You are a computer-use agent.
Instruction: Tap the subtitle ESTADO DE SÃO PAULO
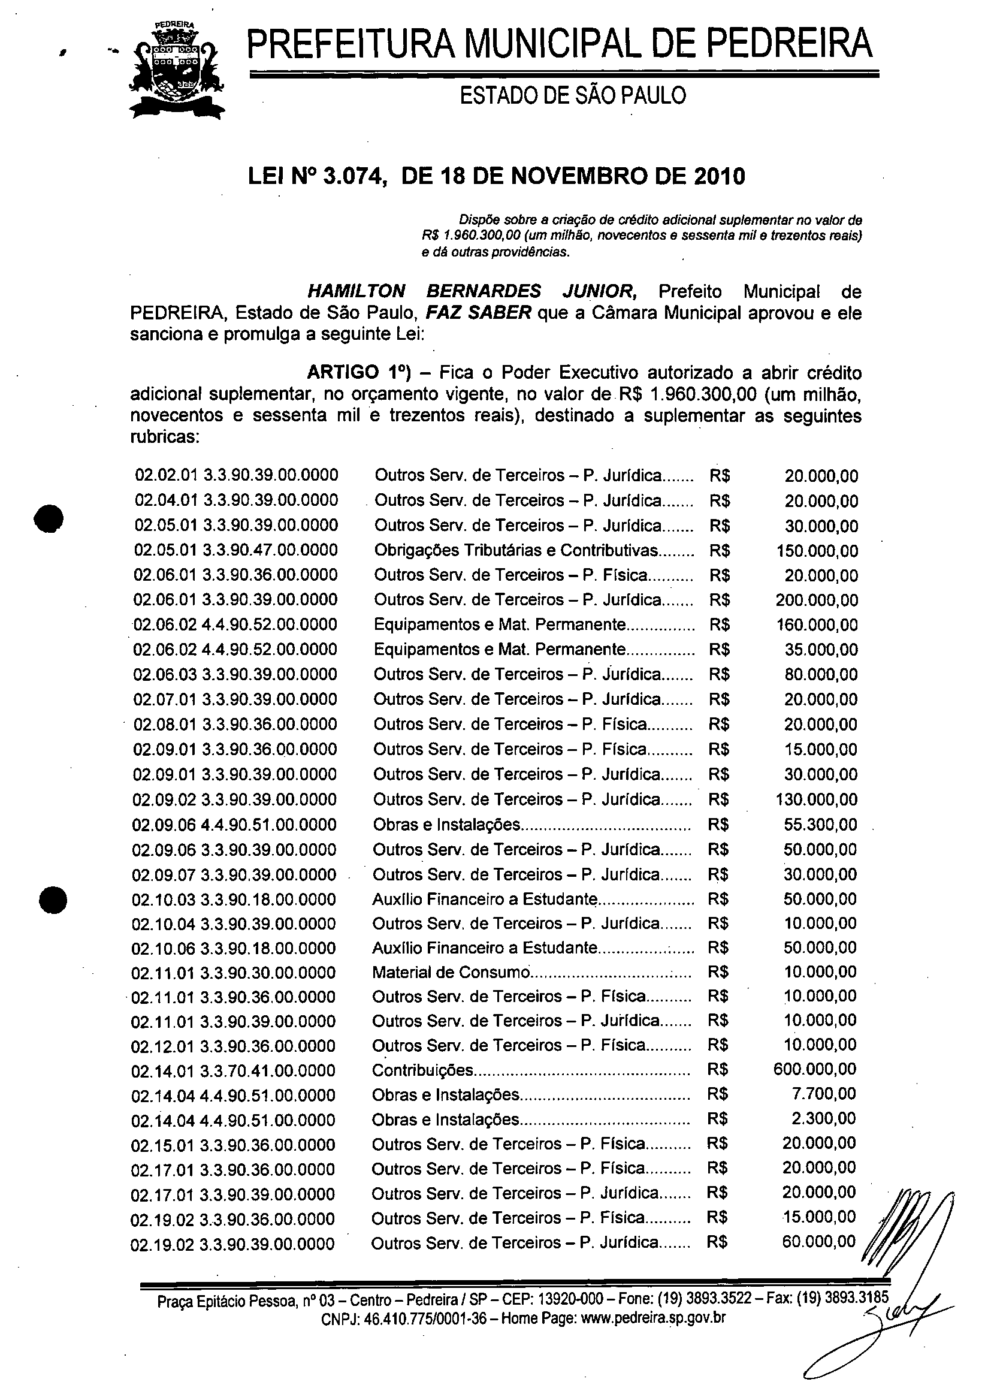pos(573,95)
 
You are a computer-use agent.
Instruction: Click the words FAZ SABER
pos(478,313)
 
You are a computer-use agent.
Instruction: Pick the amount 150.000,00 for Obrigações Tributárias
pos(817,551)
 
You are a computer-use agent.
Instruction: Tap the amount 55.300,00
pos(820,825)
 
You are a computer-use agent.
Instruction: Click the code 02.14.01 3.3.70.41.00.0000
pos(233,1070)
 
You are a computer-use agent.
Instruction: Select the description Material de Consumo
pos(451,972)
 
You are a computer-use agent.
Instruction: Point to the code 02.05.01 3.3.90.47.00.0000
pos(236,550)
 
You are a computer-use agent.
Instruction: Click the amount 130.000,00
pos(816,799)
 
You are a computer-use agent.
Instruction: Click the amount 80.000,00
pos(821,675)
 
